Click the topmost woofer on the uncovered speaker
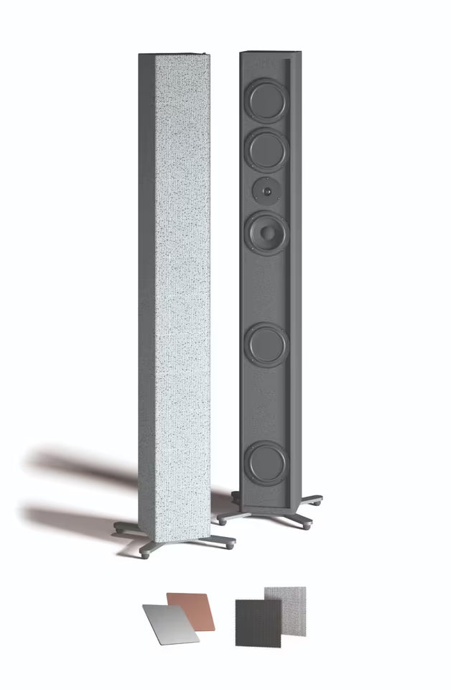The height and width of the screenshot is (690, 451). coord(266,100)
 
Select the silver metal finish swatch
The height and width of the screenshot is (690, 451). coord(169,623)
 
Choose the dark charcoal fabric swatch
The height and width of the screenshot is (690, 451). coord(258,622)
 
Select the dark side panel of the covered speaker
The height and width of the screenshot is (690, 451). coord(147,287)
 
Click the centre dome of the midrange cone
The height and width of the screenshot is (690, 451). coord(267,232)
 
